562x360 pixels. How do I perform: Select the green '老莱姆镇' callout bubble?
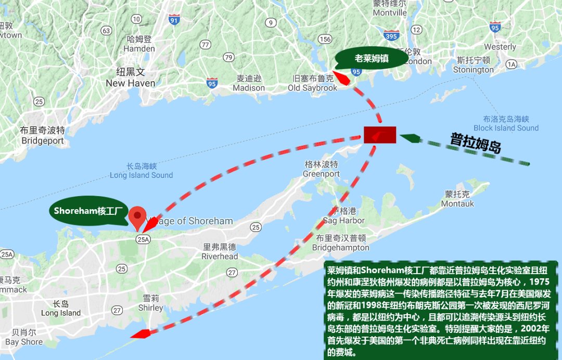pyautogui.click(x=371, y=58)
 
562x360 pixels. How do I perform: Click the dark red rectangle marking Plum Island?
pyautogui.click(x=380, y=135)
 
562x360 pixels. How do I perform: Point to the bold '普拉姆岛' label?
pyautogui.click(x=476, y=143)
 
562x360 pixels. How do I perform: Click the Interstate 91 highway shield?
pyautogui.click(x=174, y=20)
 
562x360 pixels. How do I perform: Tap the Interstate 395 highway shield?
pyautogui.click(x=391, y=35)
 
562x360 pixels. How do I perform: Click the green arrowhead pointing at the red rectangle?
pyautogui.click(x=408, y=138)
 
